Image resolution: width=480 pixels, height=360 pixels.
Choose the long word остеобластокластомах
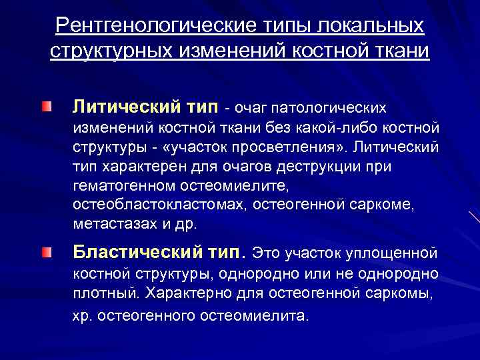point(161,203)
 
